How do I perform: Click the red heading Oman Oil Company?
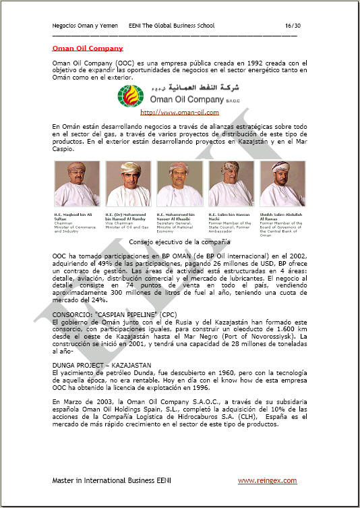pos(88,48)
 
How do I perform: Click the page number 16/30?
pos(292,26)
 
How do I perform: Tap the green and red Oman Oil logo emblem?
pos(131,95)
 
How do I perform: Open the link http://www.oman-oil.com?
pos(180,113)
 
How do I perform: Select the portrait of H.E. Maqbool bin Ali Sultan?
pos(77,184)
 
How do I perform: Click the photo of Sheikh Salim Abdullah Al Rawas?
pos(282,184)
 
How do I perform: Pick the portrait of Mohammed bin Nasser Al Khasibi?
pos(179,184)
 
